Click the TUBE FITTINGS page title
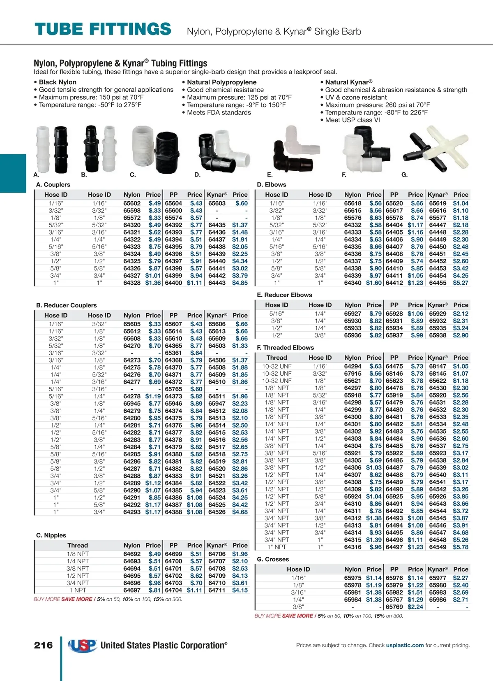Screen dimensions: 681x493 click(103, 29)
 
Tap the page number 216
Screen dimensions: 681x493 click(43, 645)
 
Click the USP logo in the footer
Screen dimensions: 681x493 click(82, 645)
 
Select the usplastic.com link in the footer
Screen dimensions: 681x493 click(405, 645)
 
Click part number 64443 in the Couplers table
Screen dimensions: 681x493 click(217, 283)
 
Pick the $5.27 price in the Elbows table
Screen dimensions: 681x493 click(461, 283)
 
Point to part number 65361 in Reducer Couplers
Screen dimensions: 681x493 click(173, 353)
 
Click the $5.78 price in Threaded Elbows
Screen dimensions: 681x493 click(461, 547)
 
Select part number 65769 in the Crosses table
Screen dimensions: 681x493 click(394, 607)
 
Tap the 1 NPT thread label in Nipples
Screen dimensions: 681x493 click(78, 590)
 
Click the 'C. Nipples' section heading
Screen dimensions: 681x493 click(51, 535)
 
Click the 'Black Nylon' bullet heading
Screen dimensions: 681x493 click(58, 82)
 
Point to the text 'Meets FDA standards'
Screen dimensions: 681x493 click(219, 112)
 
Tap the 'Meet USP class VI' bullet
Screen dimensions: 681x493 click(352, 120)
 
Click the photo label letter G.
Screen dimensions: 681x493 click(404, 175)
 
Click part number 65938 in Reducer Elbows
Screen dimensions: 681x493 click(438, 335)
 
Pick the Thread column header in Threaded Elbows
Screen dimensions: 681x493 click(276, 358)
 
